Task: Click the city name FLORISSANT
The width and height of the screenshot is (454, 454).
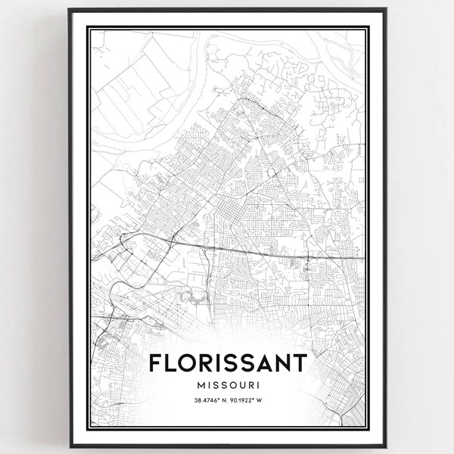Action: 227,362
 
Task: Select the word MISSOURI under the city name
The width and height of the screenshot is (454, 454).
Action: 227,385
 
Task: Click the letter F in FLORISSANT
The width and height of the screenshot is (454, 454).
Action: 155,362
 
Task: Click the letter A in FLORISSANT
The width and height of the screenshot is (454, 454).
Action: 260,362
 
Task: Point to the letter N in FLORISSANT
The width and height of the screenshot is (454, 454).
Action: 280,362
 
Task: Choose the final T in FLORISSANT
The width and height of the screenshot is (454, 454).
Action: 299,362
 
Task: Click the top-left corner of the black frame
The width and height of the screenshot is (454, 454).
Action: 69,9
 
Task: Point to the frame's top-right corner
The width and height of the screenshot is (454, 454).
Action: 386,9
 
